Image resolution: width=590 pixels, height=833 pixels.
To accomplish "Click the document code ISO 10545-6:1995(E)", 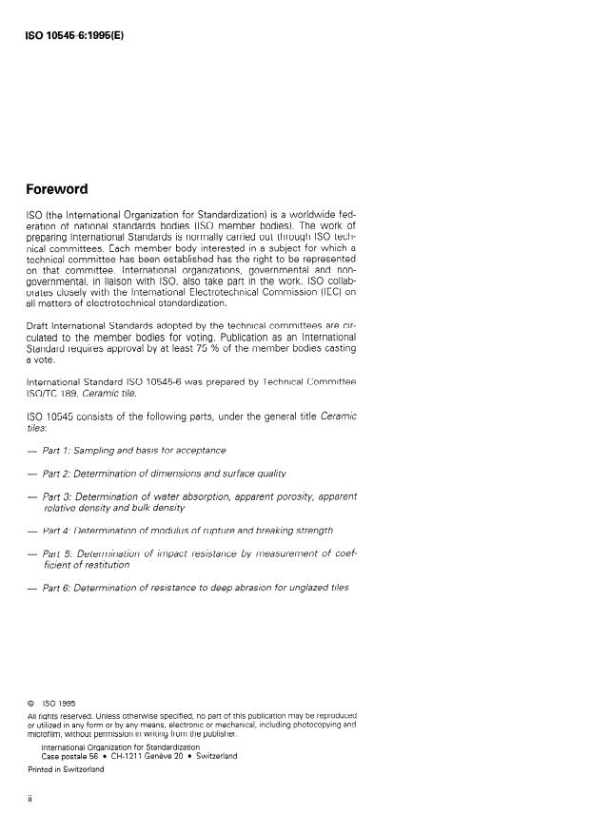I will [73, 37].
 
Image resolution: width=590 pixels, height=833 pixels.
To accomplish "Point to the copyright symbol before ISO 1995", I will [31, 704].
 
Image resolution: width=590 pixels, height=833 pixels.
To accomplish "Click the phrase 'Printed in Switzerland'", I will [66, 769].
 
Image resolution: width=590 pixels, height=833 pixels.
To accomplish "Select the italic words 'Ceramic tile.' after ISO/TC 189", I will [111, 392].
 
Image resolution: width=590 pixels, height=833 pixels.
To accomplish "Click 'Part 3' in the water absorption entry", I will [61, 495].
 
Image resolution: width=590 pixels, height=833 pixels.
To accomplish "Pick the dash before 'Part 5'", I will [31, 552].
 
